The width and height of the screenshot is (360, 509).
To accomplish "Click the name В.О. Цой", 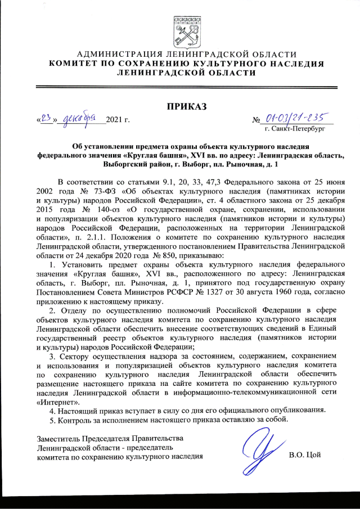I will (304, 454).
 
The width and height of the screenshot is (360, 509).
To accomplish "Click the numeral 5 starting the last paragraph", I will (52, 420).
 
